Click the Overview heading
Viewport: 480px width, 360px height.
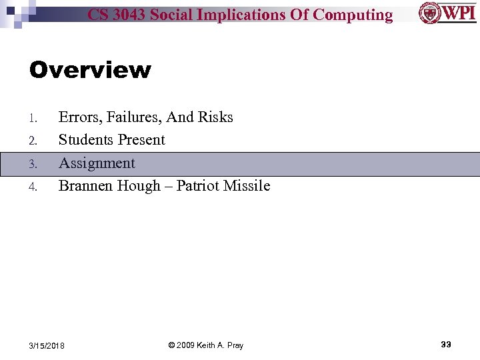click(x=90, y=70)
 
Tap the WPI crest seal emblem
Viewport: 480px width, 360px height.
click(x=429, y=13)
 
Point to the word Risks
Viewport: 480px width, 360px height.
click(x=217, y=117)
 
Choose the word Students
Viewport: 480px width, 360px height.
click(x=86, y=140)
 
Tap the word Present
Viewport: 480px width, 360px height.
click(x=141, y=140)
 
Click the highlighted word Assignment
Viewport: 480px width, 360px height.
click(x=97, y=163)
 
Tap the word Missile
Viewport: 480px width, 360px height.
click(x=247, y=186)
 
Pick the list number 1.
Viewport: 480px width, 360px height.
click(x=33, y=119)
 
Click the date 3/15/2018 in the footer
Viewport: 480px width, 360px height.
click(x=47, y=345)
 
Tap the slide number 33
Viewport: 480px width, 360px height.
click(x=446, y=344)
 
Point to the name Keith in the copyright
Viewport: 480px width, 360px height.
click(x=206, y=345)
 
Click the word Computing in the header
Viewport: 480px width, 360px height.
click(x=353, y=15)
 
